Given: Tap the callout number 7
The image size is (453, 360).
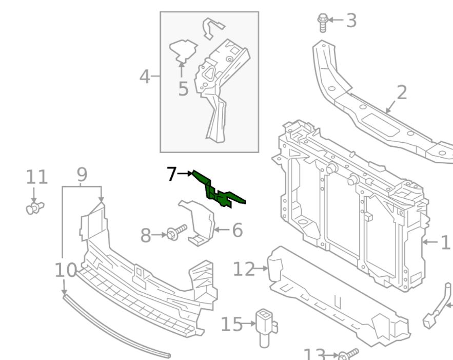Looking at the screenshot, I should tap(171, 175).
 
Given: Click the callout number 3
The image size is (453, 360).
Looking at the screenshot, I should tap(351, 21).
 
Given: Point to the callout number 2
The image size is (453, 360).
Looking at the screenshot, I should tap(402, 92).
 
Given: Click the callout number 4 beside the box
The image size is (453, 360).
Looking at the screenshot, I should tap(146, 77).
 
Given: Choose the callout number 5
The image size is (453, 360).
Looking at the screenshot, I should tap(183, 88).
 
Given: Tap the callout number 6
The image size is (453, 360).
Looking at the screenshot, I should tap(237, 230).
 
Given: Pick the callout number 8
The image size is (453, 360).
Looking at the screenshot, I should tap(146, 236).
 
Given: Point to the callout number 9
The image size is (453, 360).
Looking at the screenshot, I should tap(82, 175).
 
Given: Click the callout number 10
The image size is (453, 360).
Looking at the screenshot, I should tap(66, 270).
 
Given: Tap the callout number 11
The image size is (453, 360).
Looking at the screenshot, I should tap(37, 177).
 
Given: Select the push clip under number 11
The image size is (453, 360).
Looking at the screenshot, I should tap(34, 208).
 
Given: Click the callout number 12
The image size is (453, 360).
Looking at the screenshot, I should tap(243, 268).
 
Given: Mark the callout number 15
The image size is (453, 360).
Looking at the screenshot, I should tap(231, 324).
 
